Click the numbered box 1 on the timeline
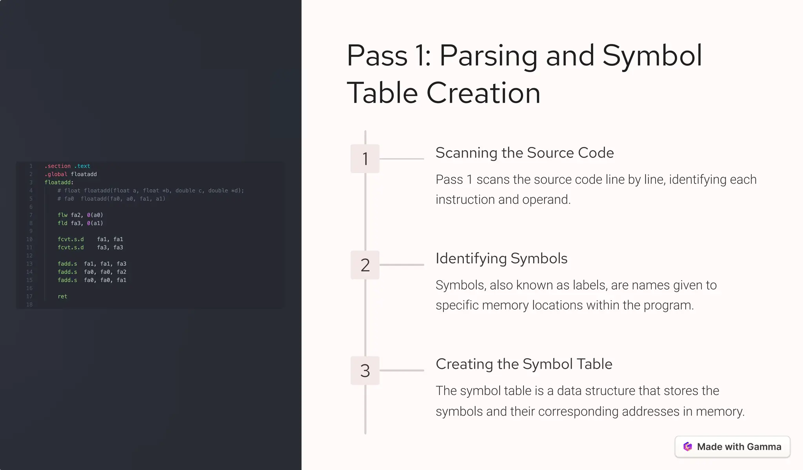[x=365, y=159]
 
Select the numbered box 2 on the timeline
[x=365, y=265]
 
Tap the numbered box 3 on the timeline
[x=365, y=370]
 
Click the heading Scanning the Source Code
[x=524, y=153]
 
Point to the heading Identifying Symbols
[x=501, y=259]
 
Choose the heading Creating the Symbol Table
[x=523, y=364]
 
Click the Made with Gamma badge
[x=732, y=446]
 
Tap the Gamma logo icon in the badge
[x=687, y=446]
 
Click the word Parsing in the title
[x=488, y=56]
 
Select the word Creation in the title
[x=483, y=93]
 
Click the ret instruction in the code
[x=62, y=296]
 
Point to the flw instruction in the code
[x=62, y=215]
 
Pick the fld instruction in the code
[x=62, y=223]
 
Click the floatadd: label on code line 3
[x=59, y=182]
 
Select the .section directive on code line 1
[x=57, y=166]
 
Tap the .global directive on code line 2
[x=56, y=174]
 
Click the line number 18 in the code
[x=29, y=305]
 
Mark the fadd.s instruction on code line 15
[x=67, y=280]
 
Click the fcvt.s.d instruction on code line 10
[x=71, y=239]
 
